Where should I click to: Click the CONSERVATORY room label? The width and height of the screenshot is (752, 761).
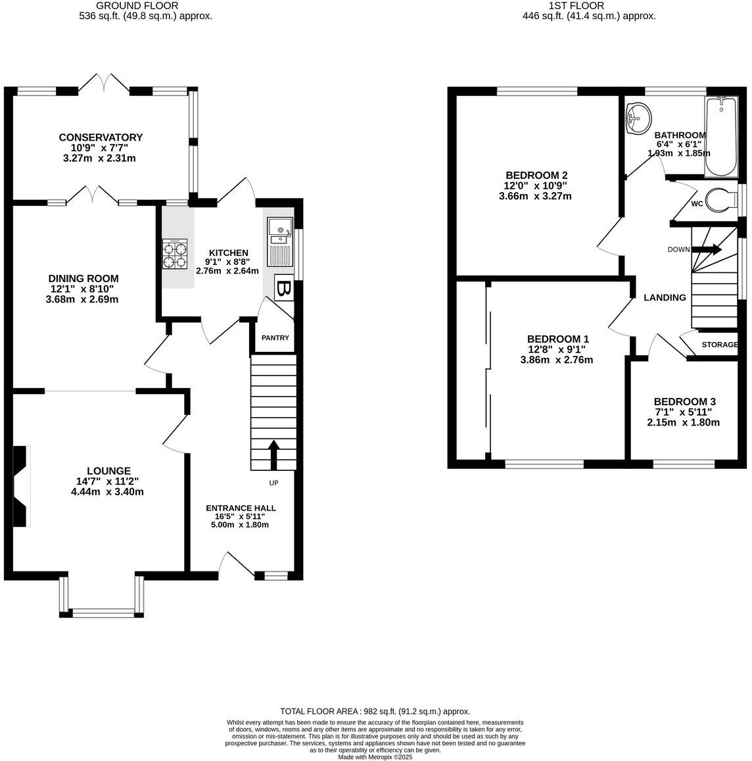101,137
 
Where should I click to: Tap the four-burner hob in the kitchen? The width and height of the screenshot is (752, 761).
174,253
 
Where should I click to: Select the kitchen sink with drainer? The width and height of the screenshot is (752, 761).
279,241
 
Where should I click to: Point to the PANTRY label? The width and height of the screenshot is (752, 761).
275,338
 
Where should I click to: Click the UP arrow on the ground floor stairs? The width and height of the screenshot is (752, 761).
273,454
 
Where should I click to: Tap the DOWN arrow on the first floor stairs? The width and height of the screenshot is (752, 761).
708,249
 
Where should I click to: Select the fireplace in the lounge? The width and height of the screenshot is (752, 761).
21,486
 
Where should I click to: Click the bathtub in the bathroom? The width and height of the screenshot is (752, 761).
722,137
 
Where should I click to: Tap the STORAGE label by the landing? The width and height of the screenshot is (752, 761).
719,345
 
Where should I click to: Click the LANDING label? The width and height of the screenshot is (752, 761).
665,298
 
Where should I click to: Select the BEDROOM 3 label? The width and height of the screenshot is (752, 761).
684,402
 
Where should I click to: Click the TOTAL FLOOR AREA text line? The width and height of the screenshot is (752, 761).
375,712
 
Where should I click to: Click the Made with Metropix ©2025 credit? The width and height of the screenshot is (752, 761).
375,757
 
